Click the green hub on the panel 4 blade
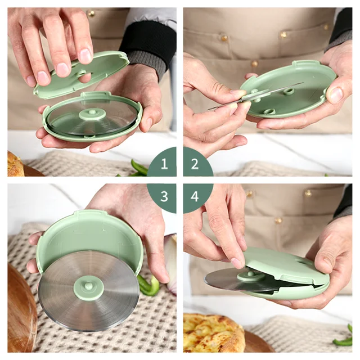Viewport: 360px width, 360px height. [251, 276]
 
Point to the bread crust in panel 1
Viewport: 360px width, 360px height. [15, 164]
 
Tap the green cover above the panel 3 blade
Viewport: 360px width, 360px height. [89, 238]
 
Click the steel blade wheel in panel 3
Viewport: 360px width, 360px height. [88, 291]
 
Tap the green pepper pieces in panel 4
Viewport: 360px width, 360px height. [343, 337]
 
